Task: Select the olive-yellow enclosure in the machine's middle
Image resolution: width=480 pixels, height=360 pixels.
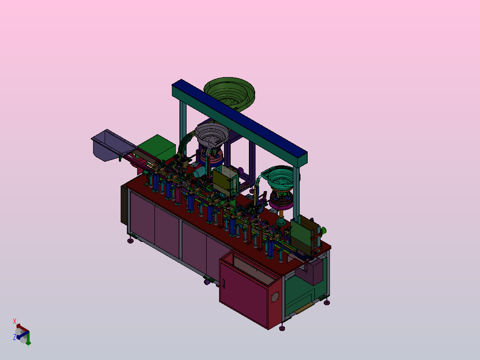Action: [x=225, y=181]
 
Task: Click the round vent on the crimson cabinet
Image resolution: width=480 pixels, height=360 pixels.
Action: [x=275, y=297]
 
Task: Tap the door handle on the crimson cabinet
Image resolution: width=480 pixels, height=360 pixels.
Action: [x=224, y=284]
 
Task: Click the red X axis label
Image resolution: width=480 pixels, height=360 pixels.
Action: [x=14, y=321]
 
